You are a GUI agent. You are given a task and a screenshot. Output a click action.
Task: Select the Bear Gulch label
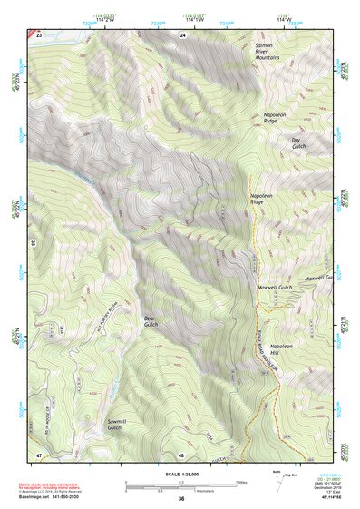click(x=151, y=321)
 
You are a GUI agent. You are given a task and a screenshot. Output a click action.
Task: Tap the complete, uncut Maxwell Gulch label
click(x=271, y=288)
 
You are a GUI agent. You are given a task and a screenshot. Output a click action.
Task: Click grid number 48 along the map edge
click(x=181, y=453)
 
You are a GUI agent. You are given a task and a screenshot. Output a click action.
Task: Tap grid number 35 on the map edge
click(x=32, y=243)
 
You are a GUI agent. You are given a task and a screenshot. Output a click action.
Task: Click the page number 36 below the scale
click(x=181, y=499)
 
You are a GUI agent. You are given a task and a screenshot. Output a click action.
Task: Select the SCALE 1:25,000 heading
click(x=181, y=474)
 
